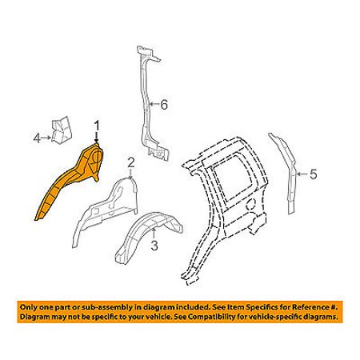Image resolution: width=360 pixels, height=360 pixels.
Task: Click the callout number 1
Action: (x=97, y=127)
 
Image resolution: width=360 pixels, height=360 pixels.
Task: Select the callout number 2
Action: (x=130, y=162)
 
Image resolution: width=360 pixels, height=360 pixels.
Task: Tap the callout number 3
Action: (x=154, y=246)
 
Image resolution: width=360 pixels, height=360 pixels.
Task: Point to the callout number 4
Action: (x=37, y=138)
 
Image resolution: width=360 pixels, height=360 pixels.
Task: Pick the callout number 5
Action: (x=313, y=174)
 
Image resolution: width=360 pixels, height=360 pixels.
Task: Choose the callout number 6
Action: (x=163, y=104)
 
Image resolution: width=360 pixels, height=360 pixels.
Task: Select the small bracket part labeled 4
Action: (x=62, y=130)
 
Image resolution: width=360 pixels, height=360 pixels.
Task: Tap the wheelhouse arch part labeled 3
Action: (x=150, y=234)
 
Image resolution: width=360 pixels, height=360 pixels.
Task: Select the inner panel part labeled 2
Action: (x=106, y=210)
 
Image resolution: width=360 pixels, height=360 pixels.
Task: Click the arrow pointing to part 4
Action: (x=46, y=138)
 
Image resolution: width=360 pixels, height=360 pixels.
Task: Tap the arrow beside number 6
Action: (x=154, y=104)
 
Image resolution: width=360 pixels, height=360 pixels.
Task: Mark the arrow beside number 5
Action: (x=302, y=174)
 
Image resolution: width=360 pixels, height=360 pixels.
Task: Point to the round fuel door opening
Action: (x=250, y=205)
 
